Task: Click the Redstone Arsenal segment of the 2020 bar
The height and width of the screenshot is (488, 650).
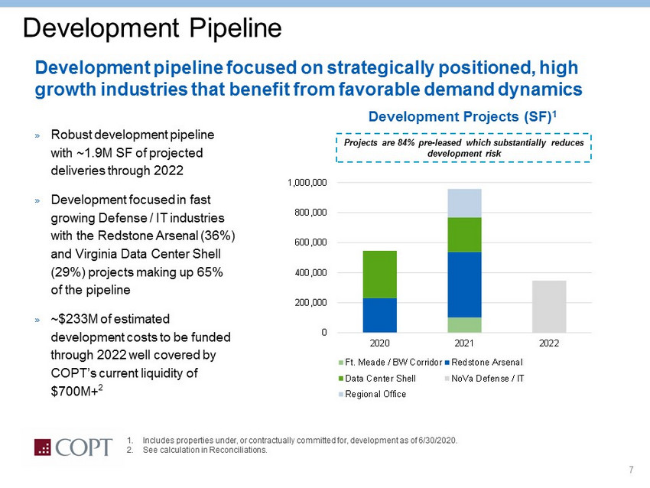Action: point(379,315)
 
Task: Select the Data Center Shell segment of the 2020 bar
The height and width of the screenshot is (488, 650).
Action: point(379,274)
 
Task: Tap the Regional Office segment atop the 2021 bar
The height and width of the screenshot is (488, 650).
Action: point(464,203)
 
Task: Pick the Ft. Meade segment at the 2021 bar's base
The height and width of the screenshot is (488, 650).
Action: point(464,324)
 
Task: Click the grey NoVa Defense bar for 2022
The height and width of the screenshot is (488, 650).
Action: point(548,306)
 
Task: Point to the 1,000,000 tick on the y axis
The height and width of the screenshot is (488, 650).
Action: point(307,183)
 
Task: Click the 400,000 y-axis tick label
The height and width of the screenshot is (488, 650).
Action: point(310,272)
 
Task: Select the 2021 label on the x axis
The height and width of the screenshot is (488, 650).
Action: point(464,343)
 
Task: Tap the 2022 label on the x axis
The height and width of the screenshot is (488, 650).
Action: point(548,343)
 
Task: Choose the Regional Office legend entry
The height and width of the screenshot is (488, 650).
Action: point(375,394)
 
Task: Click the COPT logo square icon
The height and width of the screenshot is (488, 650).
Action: point(49,447)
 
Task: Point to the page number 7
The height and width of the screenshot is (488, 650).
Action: point(631,469)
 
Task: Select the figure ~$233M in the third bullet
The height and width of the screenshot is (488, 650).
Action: point(71,318)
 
